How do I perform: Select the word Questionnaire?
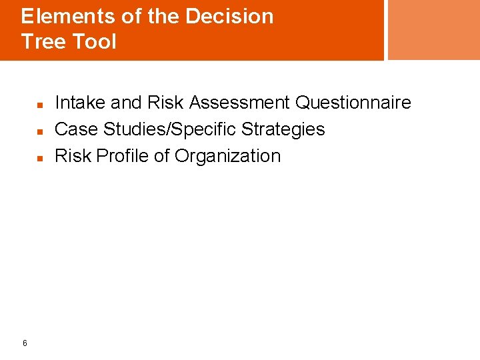(x=353, y=103)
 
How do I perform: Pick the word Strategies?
(x=283, y=129)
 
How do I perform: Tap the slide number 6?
(x=25, y=343)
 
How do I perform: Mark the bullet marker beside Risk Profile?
(x=40, y=158)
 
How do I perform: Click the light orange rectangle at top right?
(x=433, y=29)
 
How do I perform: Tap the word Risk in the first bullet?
(x=165, y=103)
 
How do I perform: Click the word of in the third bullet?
(x=161, y=156)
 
